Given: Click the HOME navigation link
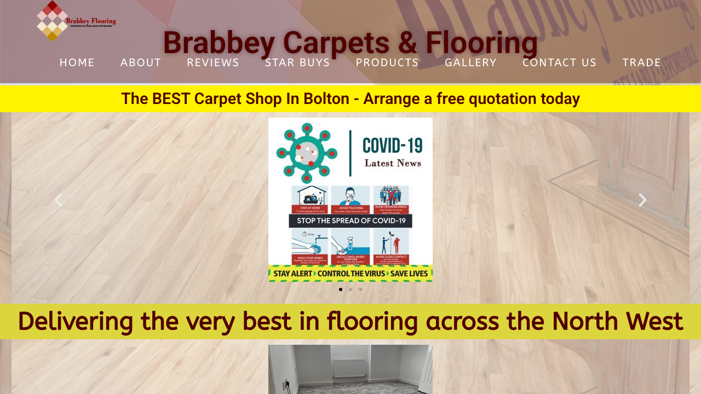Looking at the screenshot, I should pyautogui.click(x=77, y=62).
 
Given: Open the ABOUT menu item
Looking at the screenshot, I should pyautogui.click(x=141, y=62).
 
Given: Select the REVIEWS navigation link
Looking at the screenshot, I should pyautogui.click(x=213, y=62).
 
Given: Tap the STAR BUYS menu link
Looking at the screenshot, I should pyautogui.click(x=297, y=62).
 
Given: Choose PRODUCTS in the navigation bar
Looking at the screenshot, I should pyautogui.click(x=387, y=62).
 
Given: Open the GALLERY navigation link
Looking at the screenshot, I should pyautogui.click(x=470, y=62).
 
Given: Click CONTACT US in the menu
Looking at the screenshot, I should pyautogui.click(x=559, y=62).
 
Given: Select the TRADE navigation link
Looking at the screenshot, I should pyautogui.click(x=642, y=62).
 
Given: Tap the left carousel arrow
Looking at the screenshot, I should pyautogui.click(x=58, y=200).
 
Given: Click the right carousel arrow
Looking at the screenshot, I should pyautogui.click(x=642, y=200).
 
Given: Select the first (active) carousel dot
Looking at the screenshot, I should pyautogui.click(x=341, y=289).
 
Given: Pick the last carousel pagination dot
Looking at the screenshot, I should pyautogui.click(x=360, y=289).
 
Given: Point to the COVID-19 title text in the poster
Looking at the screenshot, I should pyautogui.click(x=392, y=146).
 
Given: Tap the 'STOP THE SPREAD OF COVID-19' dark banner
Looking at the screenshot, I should pyautogui.click(x=350, y=221).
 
